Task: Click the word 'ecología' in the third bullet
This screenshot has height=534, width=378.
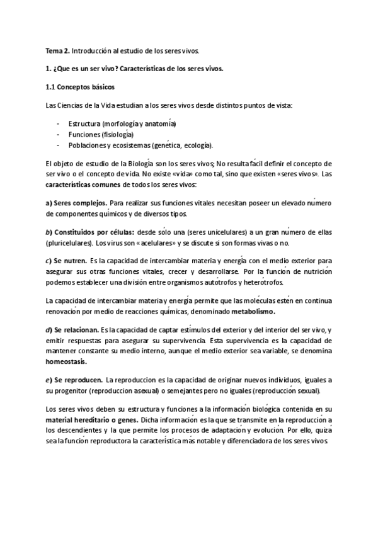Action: click(196, 145)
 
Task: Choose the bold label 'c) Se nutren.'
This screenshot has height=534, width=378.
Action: click(67, 261)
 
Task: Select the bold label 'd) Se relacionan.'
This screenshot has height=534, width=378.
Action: click(72, 330)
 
